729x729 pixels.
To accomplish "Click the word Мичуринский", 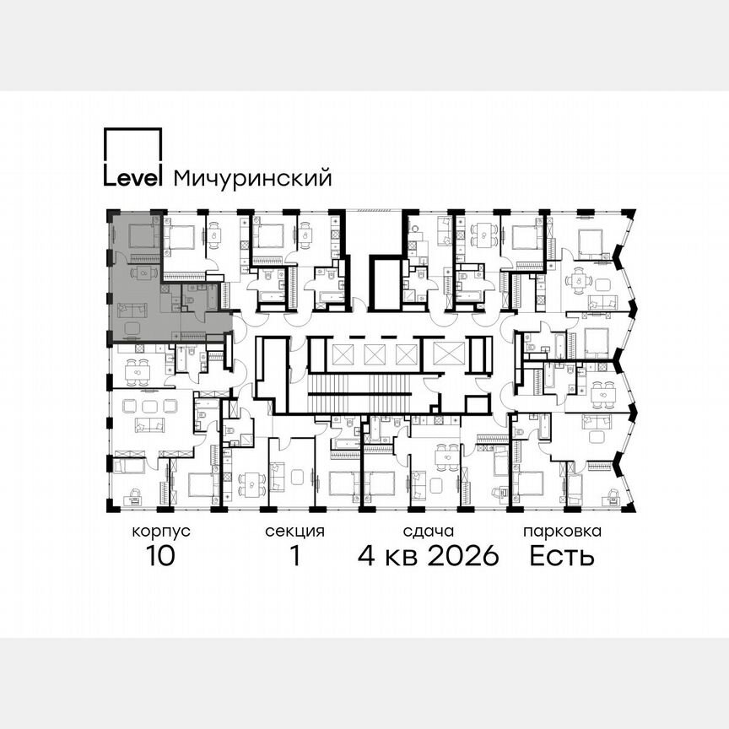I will click(251, 179).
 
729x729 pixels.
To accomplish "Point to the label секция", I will click(294, 532).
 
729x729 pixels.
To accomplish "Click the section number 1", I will click(294, 557).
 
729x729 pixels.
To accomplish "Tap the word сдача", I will click(429, 532).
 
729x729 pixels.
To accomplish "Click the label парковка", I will click(562, 532).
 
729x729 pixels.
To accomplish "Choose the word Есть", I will click(562, 557).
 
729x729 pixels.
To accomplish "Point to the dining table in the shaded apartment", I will click(143, 273).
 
